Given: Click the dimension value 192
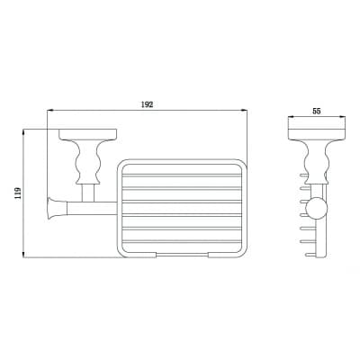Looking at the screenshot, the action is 147,104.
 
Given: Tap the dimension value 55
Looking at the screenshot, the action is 317,111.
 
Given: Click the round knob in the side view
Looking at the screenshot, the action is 316,209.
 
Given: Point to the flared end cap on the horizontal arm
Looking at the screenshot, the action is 55,208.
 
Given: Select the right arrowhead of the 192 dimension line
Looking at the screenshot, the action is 244,111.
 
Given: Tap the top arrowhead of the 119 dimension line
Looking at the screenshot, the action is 23,132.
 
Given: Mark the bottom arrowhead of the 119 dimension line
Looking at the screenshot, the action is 23,254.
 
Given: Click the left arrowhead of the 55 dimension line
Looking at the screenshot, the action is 292,117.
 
